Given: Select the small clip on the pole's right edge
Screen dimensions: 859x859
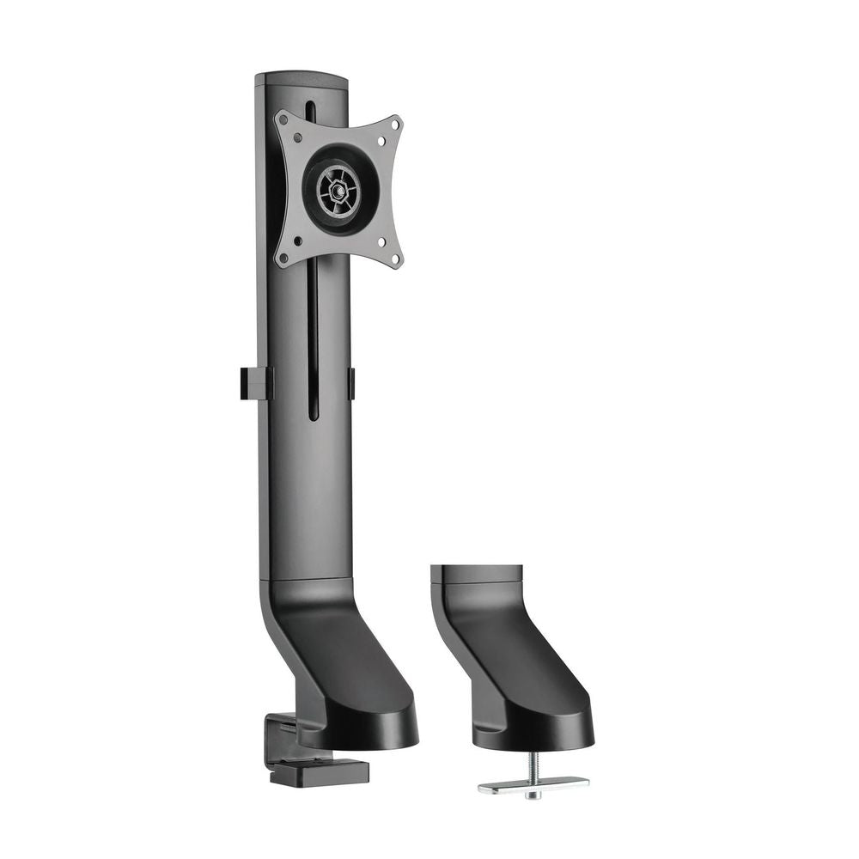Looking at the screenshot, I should (350, 383).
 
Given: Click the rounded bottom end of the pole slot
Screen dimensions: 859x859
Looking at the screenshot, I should (313, 416).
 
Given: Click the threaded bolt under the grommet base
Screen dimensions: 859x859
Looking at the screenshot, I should (533, 765).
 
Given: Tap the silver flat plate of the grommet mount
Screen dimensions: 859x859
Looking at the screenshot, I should (533, 784).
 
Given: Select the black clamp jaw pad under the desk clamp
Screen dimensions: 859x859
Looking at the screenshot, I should (318, 771).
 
